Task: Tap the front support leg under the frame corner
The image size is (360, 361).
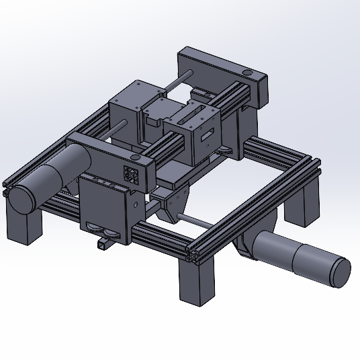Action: click(197, 282)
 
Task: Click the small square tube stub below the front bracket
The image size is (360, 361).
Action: click(101, 245)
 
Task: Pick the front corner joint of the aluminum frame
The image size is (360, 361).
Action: click(195, 254)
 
